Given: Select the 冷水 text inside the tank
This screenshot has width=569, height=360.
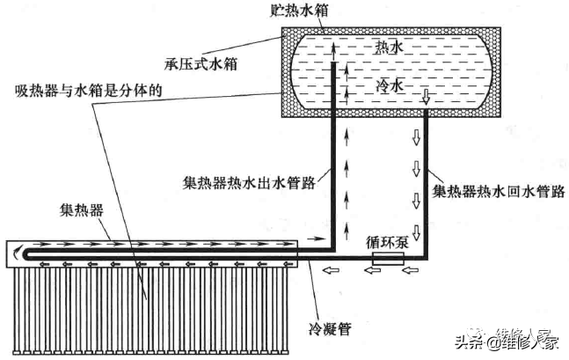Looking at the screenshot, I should pyautogui.click(x=386, y=86).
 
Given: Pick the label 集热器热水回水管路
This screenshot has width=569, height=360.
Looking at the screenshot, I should pyautogui.click(x=498, y=189).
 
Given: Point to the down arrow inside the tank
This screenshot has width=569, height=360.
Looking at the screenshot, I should pyautogui.click(x=426, y=95).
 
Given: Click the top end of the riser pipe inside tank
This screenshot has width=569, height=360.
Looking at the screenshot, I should pyautogui.click(x=334, y=63).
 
